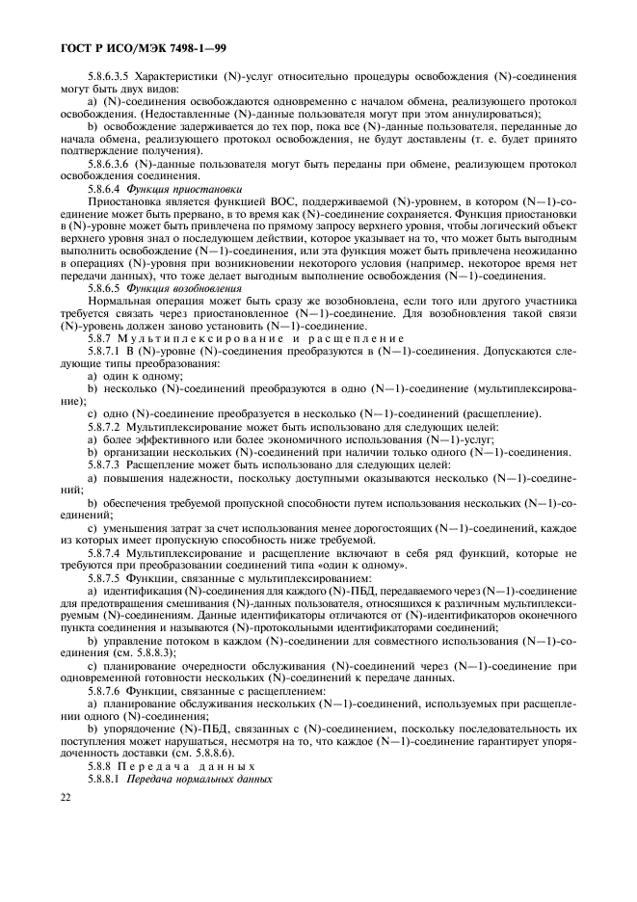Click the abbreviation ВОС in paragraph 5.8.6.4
click(262, 202)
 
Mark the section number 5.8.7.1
click(107, 353)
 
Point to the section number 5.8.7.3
click(107, 464)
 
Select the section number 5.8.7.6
click(107, 690)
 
